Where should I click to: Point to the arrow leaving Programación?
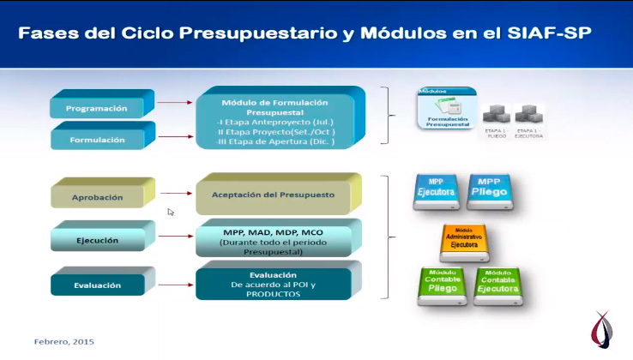[x=176, y=104]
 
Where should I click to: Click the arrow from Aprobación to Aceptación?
[x=176, y=195]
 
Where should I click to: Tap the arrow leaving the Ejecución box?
[x=176, y=239]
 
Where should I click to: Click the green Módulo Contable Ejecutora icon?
[x=497, y=285]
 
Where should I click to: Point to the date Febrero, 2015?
[x=64, y=341]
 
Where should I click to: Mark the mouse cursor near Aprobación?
[x=171, y=212]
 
